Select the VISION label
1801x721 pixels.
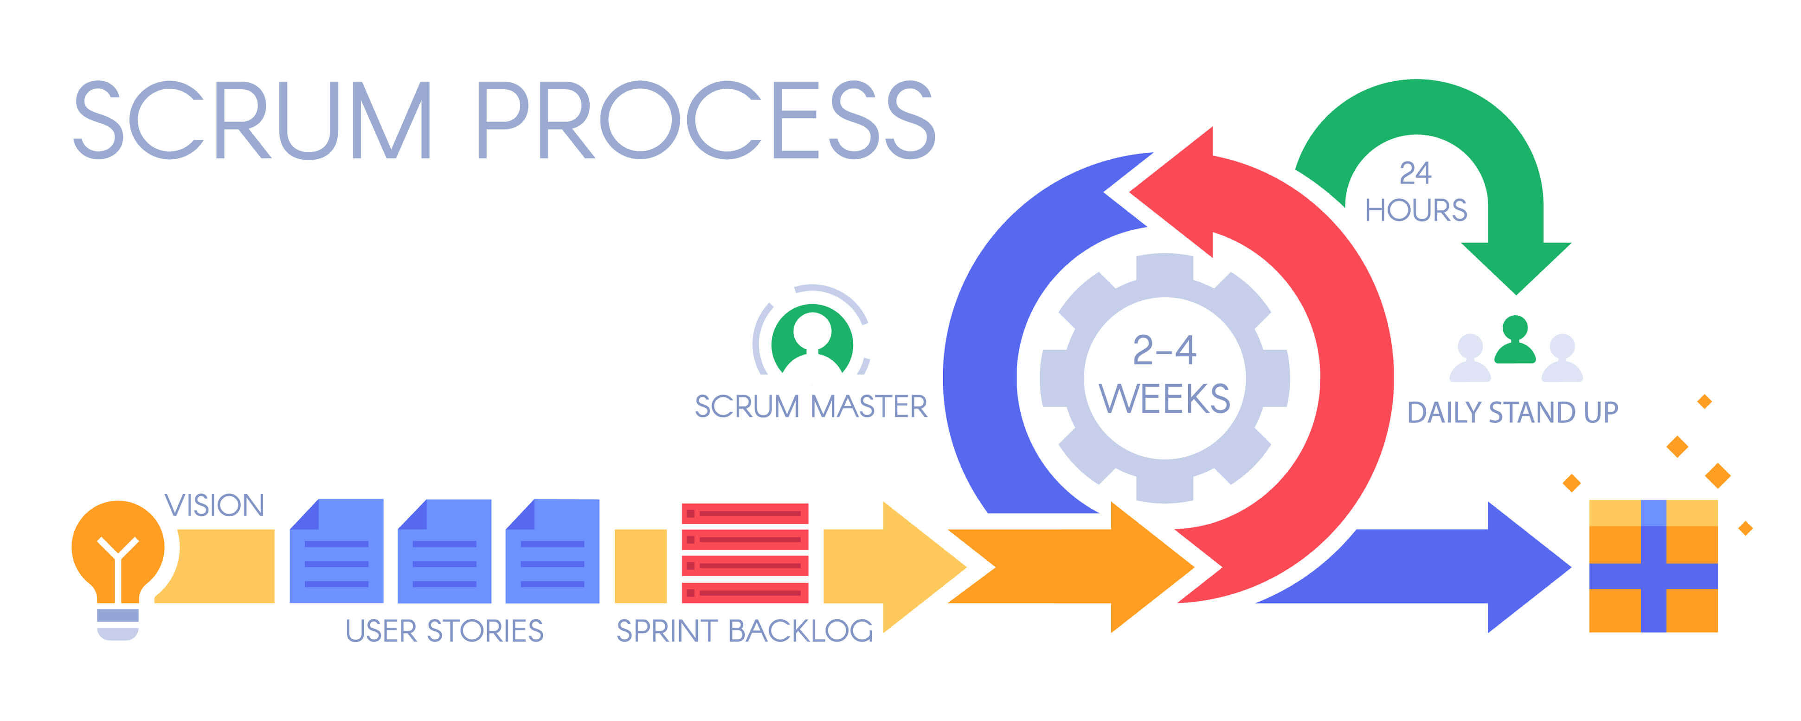[214, 506]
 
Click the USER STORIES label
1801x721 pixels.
[444, 631]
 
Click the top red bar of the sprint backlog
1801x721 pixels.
[745, 513]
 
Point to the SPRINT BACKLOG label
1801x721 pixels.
[745, 631]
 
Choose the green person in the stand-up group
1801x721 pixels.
[1515, 341]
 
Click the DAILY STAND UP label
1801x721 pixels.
[1512, 413]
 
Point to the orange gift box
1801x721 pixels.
[1653, 566]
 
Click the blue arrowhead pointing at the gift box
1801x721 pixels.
[1524, 566]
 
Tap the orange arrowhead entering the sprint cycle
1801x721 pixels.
[1146, 566]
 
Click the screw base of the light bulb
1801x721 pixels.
[117, 624]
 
